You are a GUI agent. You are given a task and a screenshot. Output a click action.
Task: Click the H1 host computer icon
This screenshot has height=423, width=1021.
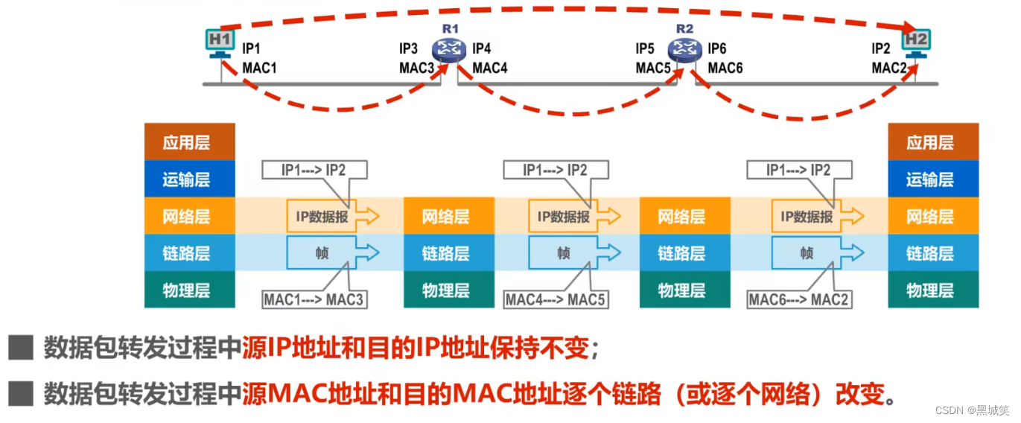click(x=220, y=42)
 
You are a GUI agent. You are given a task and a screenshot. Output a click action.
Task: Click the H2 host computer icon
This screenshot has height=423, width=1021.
click(x=916, y=42)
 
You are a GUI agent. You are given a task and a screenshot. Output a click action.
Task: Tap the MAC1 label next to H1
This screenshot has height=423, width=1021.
click(x=259, y=69)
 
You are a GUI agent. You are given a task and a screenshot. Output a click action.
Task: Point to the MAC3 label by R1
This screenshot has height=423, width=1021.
click(x=416, y=69)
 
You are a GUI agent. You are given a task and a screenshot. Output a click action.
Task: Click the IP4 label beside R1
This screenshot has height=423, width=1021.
click(x=482, y=49)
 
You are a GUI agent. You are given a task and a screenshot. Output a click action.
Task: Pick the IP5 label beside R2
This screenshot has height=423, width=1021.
click(x=645, y=49)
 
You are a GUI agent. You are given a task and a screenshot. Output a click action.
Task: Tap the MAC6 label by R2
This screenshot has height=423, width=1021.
click(x=725, y=69)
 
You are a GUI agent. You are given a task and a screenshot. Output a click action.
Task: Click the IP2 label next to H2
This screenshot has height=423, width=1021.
click(x=881, y=49)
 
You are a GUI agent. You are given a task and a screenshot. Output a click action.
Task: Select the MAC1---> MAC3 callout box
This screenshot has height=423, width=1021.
click(x=314, y=300)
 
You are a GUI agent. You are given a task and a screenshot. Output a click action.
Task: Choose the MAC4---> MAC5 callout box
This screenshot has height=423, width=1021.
click(x=556, y=300)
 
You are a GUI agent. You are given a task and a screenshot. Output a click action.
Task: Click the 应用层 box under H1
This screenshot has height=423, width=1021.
click(x=189, y=142)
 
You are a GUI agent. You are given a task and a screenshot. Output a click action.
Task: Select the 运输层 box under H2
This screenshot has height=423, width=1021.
click(x=933, y=179)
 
